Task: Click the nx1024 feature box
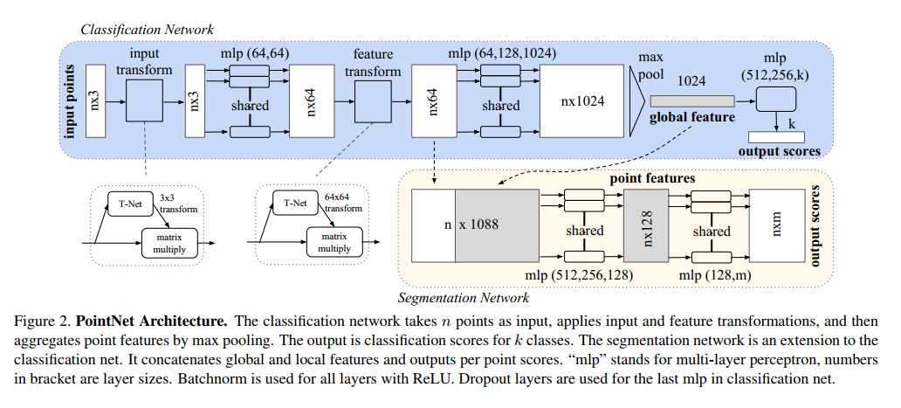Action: pos(583,100)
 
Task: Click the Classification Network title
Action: pos(147,30)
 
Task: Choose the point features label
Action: pos(653,177)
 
